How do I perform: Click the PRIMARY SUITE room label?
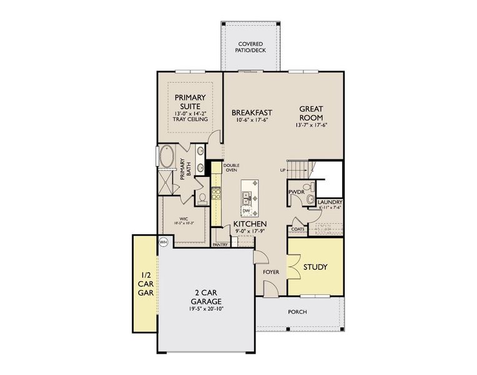[190, 101]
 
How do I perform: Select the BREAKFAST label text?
[252, 112]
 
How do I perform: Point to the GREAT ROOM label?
[310, 112]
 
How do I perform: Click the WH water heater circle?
[164, 242]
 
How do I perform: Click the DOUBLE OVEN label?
[231, 167]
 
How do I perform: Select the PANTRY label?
[220, 246]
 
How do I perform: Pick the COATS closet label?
[298, 229]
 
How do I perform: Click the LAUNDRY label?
[329, 202]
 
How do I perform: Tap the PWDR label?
[296, 191]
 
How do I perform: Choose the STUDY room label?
[315, 267]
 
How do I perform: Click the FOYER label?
[270, 272]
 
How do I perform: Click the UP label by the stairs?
[283, 169]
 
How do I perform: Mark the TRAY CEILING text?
[190, 119]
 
